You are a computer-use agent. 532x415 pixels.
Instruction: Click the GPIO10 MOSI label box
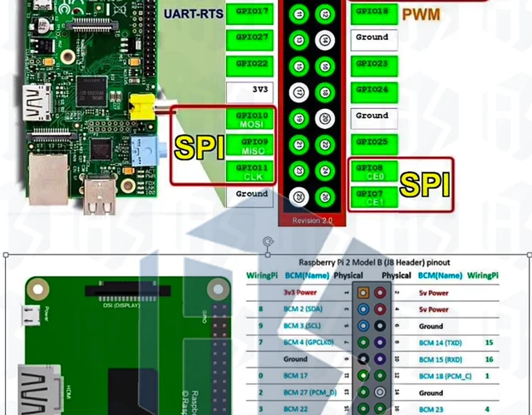pos(251,118)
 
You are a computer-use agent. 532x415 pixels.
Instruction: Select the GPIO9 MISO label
pos(251,146)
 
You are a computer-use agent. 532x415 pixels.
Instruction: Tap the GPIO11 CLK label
pos(251,172)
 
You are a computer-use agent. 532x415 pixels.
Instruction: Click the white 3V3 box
pos(251,88)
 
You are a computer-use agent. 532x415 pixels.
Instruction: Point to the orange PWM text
pos(421,14)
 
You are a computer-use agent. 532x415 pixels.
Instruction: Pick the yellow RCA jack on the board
pos(141,106)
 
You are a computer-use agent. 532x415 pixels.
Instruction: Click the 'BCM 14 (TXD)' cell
pos(441,342)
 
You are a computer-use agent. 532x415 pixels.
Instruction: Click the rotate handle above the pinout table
pos(267,242)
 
